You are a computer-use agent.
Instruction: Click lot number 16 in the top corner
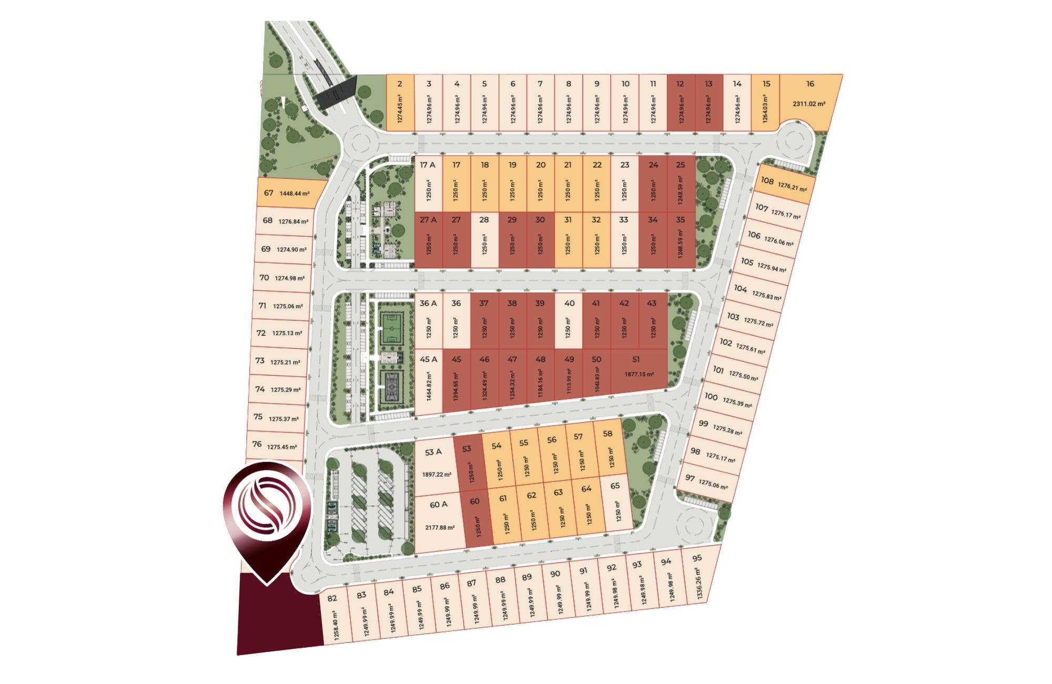810,84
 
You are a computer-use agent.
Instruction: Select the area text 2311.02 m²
809,104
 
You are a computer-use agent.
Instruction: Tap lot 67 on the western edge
269,193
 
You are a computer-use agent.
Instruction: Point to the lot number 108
767,180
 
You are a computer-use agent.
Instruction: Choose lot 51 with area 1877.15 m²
636,359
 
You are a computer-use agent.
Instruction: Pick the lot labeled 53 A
433,452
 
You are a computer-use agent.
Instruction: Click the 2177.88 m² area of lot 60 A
440,527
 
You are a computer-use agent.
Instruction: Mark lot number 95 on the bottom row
697,558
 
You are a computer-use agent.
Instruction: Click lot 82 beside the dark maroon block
332,598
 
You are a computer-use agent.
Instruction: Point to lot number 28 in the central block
484,220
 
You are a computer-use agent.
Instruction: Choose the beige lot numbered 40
569,303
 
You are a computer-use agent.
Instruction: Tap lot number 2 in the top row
400,84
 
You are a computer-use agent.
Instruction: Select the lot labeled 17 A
428,165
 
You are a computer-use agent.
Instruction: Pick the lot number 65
615,486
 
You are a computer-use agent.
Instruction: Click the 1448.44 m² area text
294,194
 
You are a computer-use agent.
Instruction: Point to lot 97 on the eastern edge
690,478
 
